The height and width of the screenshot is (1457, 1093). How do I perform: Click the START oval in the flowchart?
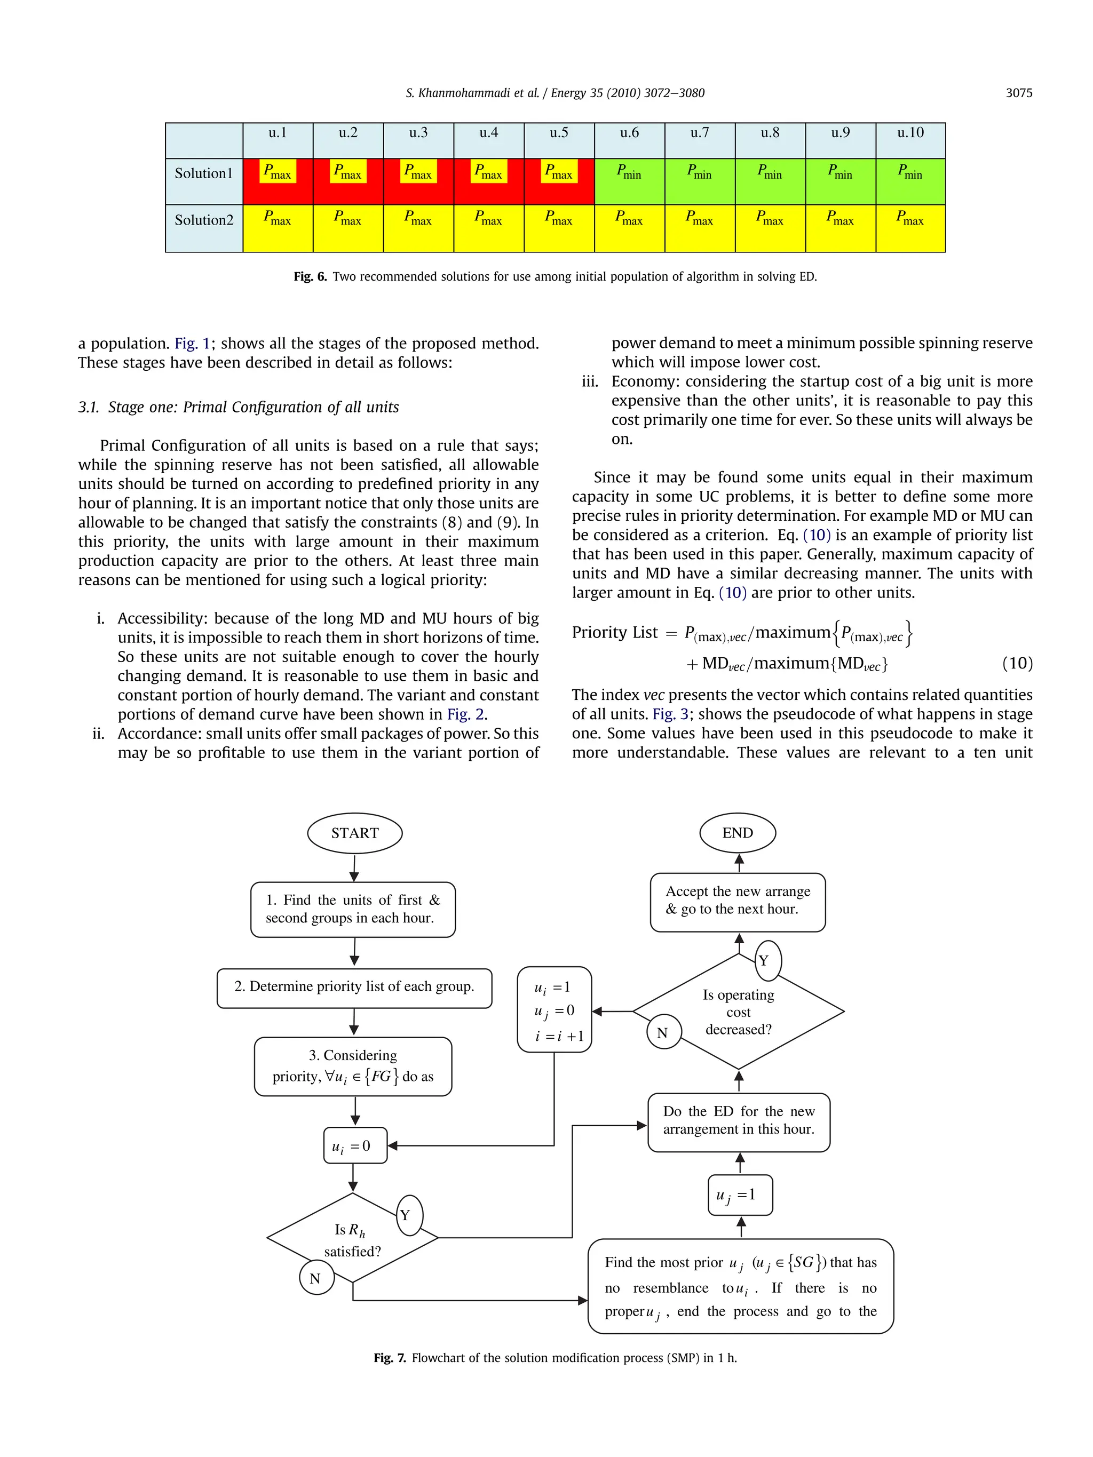(x=354, y=833)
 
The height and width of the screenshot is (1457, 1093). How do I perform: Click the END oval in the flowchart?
(x=737, y=833)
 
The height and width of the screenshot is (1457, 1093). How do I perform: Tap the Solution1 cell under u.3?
(x=418, y=181)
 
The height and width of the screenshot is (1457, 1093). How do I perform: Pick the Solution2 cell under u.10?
(x=910, y=228)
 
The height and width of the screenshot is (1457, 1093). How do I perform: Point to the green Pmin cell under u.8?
(x=770, y=181)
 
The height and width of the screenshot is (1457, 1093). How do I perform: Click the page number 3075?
(x=1019, y=93)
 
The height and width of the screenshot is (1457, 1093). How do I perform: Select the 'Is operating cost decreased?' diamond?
(x=739, y=1012)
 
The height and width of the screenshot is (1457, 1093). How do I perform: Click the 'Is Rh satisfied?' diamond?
(x=352, y=1238)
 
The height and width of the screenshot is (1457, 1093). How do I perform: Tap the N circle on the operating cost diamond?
(x=663, y=1032)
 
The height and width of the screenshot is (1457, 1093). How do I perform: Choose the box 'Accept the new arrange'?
(x=737, y=902)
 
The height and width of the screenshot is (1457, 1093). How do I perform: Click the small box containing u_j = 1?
(x=739, y=1195)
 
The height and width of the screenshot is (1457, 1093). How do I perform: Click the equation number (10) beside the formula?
(x=1017, y=663)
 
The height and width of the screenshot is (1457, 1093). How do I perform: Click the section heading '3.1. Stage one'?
(x=239, y=407)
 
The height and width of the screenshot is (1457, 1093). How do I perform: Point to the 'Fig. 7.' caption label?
(x=390, y=1358)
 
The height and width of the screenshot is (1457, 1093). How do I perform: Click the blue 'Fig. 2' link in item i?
(x=466, y=715)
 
